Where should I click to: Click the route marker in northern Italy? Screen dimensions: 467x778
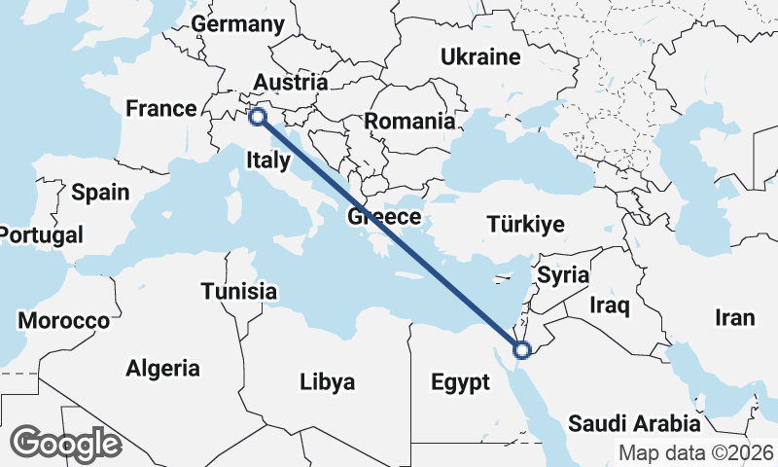pyautogui.click(x=258, y=117)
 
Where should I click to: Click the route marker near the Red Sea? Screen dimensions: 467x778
pyautogui.click(x=521, y=349)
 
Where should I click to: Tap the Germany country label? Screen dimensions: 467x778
pyautogui.click(x=237, y=24)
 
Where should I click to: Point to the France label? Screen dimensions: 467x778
pyautogui.click(x=161, y=108)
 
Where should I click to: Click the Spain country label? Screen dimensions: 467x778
pyautogui.click(x=100, y=192)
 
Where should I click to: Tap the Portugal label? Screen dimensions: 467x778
pyautogui.click(x=41, y=234)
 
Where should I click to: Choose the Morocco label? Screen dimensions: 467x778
pyautogui.click(x=64, y=321)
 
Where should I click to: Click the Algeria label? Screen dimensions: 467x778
pyautogui.click(x=162, y=369)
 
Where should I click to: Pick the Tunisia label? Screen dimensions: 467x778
pyautogui.click(x=239, y=291)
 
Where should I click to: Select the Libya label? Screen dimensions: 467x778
pyautogui.click(x=327, y=380)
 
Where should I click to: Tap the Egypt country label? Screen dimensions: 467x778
pyautogui.click(x=460, y=382)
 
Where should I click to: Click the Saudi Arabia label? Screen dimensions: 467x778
pyautogui.click(x=634, y=423)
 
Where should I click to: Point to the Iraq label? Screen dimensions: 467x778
pyautogui.click(x=611, y=306)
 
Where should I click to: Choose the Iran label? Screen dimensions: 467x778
pyautogui.click(x=734, y=317)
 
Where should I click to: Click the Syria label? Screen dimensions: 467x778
pyautogui.click(x=563, y=275)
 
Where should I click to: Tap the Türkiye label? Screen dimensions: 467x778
pyautogui.click(x=524, y=226)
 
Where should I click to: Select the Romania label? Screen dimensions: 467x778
pyautogui.click(x=409, y=123)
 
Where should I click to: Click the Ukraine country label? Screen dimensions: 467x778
pyautogui.click(x=480, y=57)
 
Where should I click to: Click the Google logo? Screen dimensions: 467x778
pyautogui.click(x=66, y=444)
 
